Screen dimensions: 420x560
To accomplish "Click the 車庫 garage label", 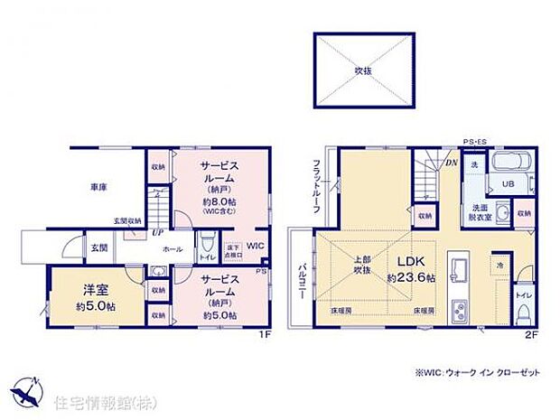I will coord(99,187).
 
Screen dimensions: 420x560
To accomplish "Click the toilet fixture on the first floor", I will coord(208,247).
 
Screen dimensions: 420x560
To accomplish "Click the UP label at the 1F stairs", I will coord(132,232).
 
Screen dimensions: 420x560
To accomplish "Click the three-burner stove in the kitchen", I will coord(459,310).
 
